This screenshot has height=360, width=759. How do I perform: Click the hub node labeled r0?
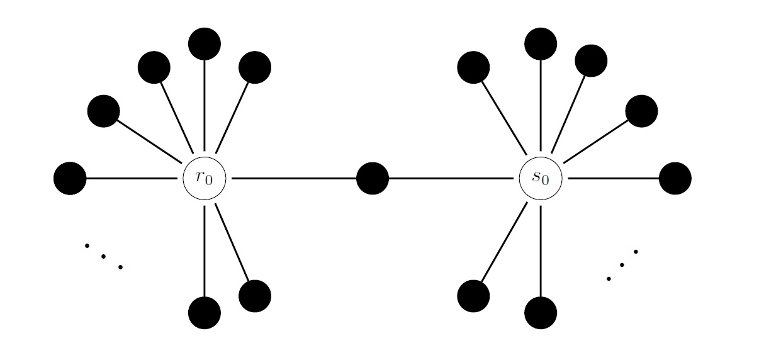[205, 178]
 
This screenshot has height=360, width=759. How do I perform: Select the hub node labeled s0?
[541, 178]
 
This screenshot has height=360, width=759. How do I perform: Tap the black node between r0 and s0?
[373, 178]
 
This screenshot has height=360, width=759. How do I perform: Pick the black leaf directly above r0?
[205, 44]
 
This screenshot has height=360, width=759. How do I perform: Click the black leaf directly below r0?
[205, 313]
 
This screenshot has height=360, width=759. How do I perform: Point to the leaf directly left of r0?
[70, 178]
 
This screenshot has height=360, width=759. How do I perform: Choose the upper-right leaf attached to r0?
[255, 67]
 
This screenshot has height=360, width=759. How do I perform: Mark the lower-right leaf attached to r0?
[255, 296]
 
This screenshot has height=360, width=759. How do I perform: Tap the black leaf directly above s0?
[541, 44]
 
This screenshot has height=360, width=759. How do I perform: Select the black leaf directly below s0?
[541, 313]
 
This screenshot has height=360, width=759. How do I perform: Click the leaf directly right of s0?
[675, 178]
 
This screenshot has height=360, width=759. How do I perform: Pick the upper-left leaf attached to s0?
[473, 67]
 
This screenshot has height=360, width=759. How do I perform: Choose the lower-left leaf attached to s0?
[473, 296]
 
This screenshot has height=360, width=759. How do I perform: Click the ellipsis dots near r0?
[103, 256]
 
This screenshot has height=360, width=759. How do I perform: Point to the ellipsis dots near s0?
[622, 265]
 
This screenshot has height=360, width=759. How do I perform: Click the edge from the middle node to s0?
[451, 178]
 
